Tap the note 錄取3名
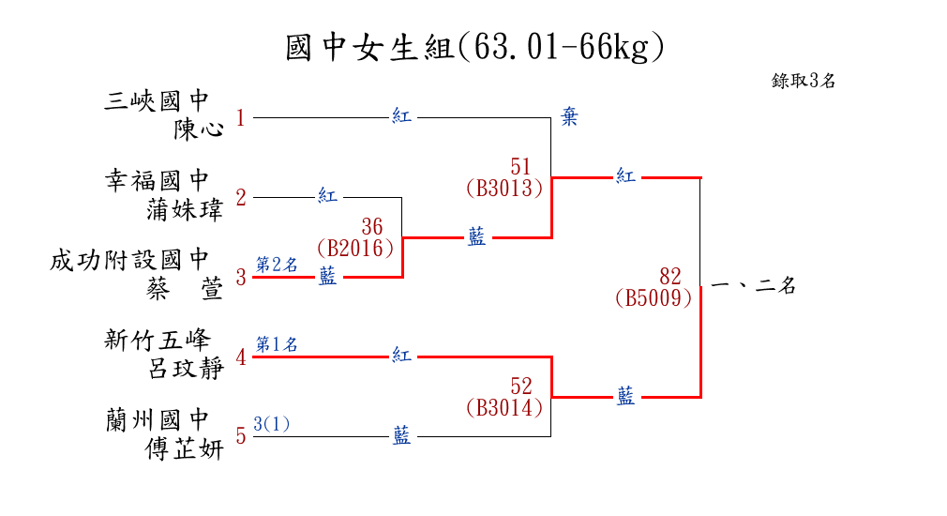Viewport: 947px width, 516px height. [804, 81]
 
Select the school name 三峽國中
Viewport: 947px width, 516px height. [157, 100]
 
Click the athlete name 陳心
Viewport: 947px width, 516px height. [199, 129]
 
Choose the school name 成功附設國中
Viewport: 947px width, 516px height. [130, 260]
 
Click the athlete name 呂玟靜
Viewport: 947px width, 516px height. [187, 368]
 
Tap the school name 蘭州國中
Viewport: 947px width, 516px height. [157, 419]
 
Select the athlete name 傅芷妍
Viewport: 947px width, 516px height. [186, 448]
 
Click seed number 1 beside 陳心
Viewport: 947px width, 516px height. [240, 118]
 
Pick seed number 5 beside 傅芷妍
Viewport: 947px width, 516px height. [240, 436]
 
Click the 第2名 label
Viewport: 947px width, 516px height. [277, 265]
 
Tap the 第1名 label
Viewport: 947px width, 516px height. [277, 344]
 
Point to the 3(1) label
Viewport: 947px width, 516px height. [272, 424]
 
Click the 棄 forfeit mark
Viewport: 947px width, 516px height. [569, 116]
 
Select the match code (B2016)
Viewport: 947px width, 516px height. [355, 248]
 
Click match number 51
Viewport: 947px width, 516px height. [521, 167]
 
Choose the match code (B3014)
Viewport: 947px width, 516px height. [504, 407]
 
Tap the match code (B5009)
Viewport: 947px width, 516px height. [654, 297]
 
